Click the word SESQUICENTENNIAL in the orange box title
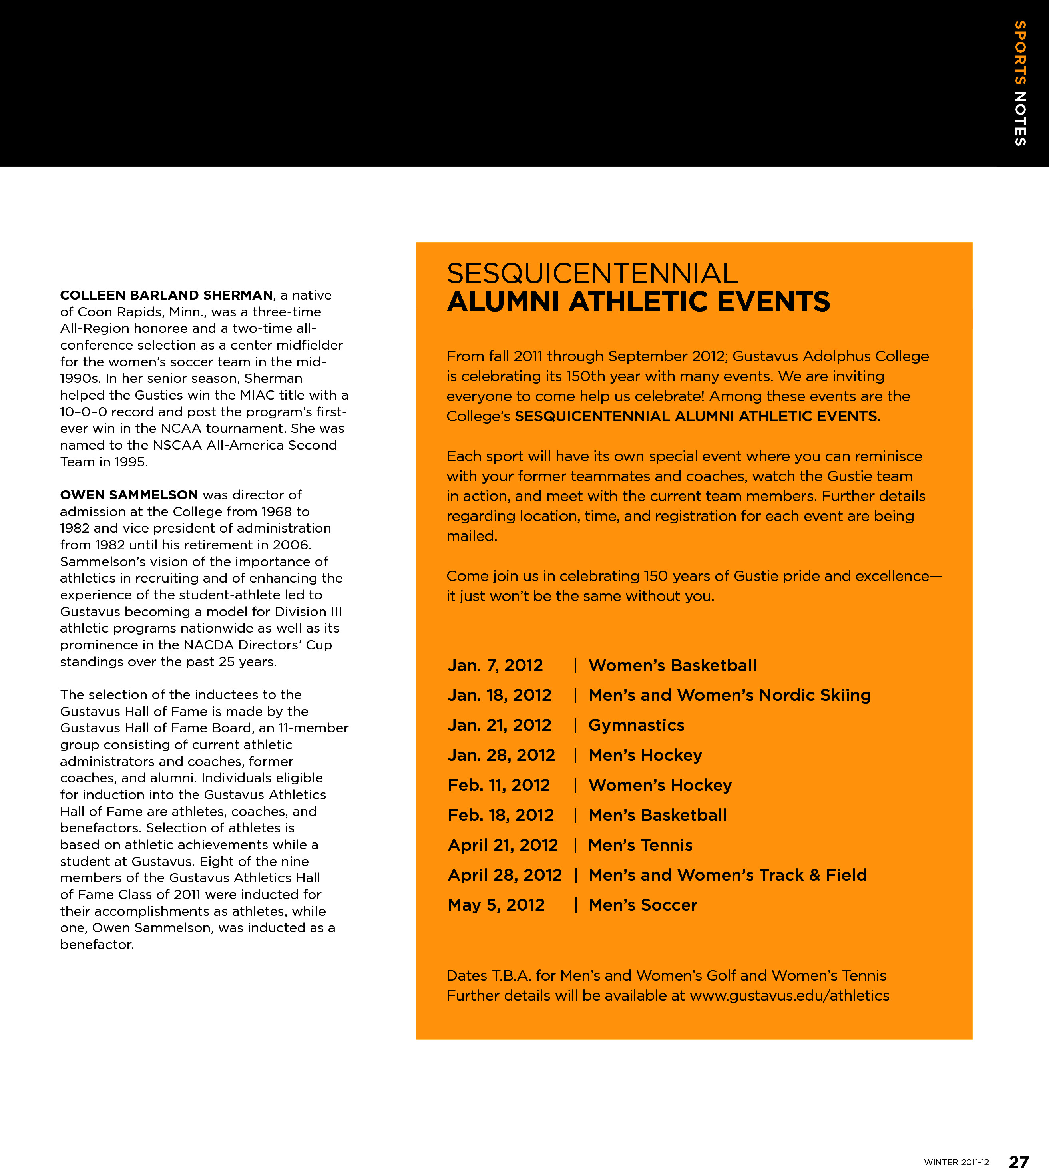pyautogui.click(x=592, y=274)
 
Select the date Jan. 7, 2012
pyautogui.click(x=495, y=666)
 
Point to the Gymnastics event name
pyautogui.click(x=636, y=726)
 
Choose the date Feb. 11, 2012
pyautogui.click(x=499, y=785)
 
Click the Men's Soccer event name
pyautogui.click(x=643, y=905)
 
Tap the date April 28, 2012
pyautogui.click(x=504, y=875)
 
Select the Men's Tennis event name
pyautogui.click(x=640, y=845)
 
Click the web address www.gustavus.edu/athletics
pyautogui.click(x=789, y=996)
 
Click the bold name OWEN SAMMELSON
pyautogui.click(x=129, y=495)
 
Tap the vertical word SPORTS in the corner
pyautogui.click(x=1020, y=53)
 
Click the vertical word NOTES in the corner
pyautogui.click(x=1020, y=119)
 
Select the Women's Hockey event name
pyautogui.click(x=660, y=785)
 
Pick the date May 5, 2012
pyautogui.click(x=496, y=905)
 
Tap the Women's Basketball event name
pyautogui.click(x=672, y=666)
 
